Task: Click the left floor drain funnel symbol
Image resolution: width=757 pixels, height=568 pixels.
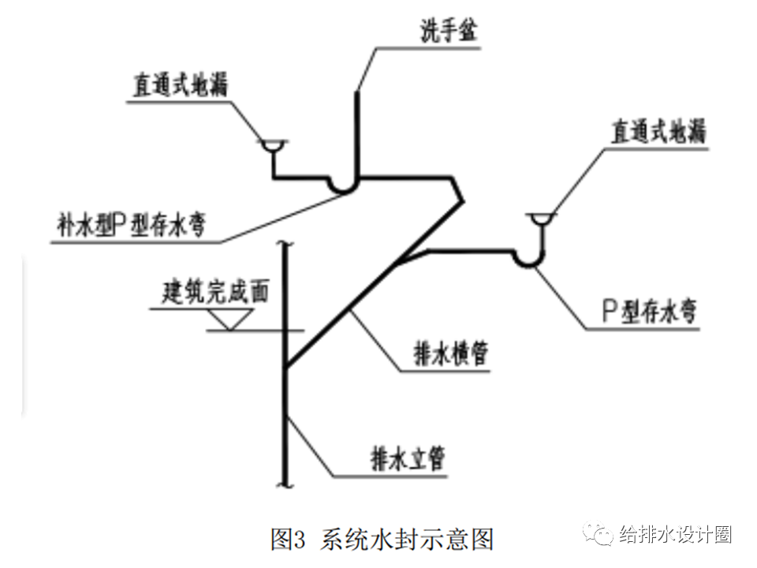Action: point(273,146)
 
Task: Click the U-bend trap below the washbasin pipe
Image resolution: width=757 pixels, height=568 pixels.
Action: point(344,185)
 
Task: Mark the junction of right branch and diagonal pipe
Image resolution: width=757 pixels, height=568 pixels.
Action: point(402,261)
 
